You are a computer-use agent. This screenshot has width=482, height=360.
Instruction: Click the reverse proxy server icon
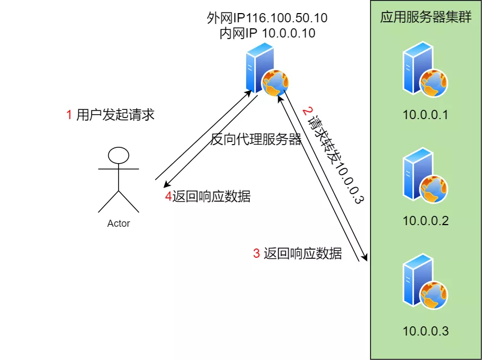[266, 71]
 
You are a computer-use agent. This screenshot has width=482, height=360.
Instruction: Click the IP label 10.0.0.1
[425, 115]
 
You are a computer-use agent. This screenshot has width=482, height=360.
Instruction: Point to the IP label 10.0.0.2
[425, 221]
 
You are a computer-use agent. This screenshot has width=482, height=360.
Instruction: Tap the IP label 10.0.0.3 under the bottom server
[425, 331]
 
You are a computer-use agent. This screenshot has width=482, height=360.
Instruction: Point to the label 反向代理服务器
[256, 140]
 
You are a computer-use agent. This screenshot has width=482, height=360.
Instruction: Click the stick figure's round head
[118, 156]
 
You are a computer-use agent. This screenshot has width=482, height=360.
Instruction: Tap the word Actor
[118, 223]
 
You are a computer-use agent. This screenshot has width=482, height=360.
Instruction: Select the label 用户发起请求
[116, 115]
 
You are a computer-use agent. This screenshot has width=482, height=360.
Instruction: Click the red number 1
[69, 115]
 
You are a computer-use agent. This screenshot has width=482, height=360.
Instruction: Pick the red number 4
[168, 197]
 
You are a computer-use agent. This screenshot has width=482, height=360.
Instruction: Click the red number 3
[256, 253]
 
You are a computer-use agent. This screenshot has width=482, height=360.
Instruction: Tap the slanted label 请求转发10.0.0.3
[332, 155]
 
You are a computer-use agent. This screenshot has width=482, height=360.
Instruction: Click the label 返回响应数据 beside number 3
[303, 253]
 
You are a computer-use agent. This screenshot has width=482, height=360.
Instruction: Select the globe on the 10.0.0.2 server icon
[434, 188]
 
